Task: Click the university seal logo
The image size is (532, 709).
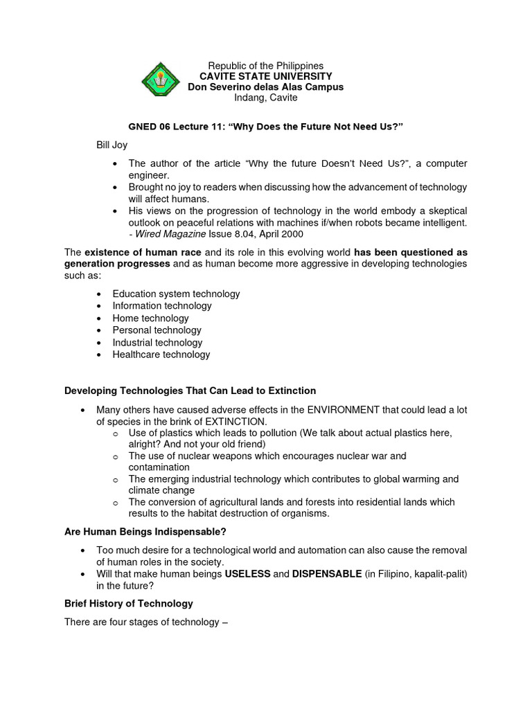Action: click(161, 82)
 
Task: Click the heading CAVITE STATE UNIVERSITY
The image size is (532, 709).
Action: click(266, 76)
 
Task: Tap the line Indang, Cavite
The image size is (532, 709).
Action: click(265, 98)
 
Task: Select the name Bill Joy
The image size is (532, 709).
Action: click(112, 145)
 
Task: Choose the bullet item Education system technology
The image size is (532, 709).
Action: click(176, 294)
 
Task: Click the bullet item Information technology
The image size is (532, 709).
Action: click(162, 305)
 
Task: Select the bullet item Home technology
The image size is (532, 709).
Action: click(150, 318)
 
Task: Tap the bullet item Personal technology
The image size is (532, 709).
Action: click(157, 330)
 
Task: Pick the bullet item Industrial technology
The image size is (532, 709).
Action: click(157, 342)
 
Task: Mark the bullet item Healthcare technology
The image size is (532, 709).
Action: click(161, 354)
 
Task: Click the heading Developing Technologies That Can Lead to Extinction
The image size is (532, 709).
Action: click(190, 391)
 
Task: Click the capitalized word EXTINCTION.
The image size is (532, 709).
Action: click(234, 422)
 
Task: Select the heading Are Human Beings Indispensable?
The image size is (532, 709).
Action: click(145, 532)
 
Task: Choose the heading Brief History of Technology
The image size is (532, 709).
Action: click(128, 604)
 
